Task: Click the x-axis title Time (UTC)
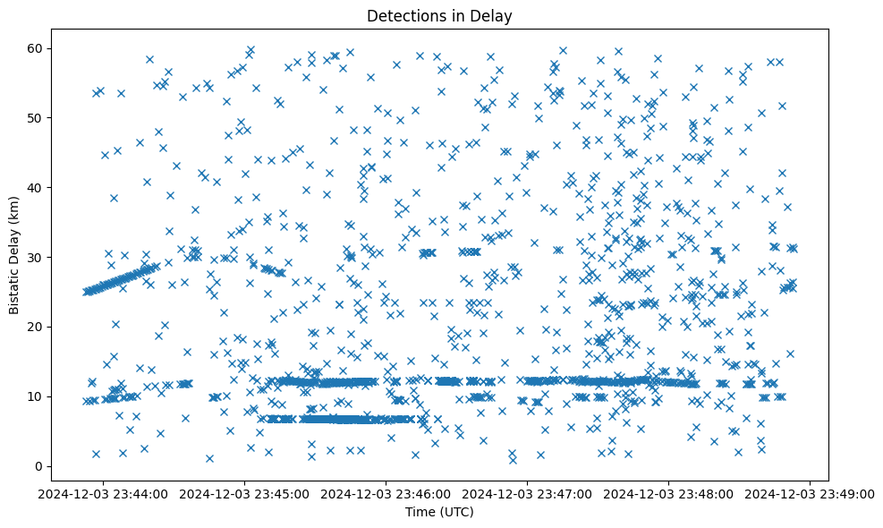(x=439, y=513)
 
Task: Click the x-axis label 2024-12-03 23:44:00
(x=103, y=493)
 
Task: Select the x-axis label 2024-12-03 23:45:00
(x=244, y=493)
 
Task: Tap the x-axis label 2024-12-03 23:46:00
(x=386, y=493)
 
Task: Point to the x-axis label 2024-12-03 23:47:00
(x=528, y=493)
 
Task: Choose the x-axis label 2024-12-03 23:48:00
(x=669, y=493)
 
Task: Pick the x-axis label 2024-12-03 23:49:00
(x=811, y=493)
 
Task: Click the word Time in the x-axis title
(x=420, y=513)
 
